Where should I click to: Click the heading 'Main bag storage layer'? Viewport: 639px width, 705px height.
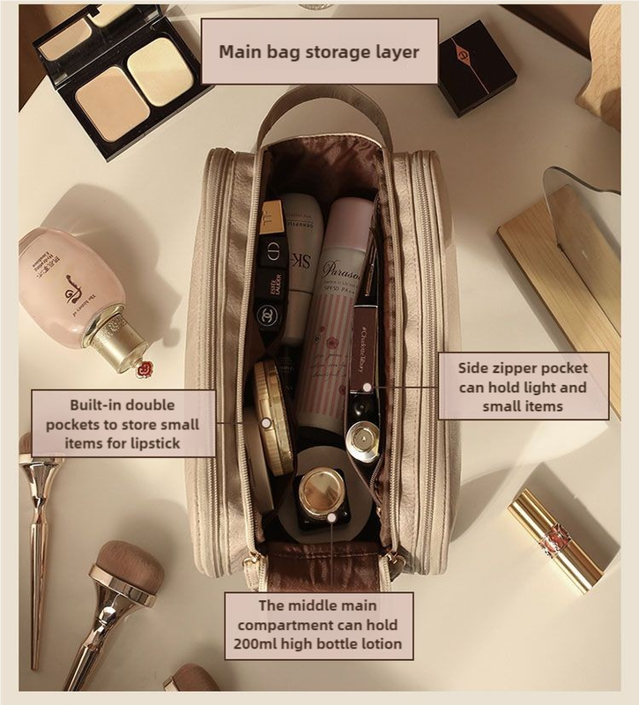point(318,50)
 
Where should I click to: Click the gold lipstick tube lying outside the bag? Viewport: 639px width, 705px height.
point(555,539)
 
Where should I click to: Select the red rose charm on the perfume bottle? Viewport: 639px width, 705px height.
point(145,367)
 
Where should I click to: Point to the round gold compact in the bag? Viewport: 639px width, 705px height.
point(272,415)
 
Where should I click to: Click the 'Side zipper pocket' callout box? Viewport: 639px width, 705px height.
point(524,386)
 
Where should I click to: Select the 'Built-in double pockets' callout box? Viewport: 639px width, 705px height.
point(123,424)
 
